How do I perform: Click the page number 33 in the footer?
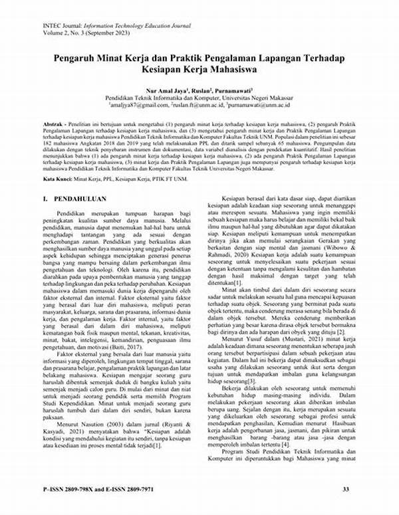coord(345,490)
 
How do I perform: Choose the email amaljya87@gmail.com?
coord(138,104)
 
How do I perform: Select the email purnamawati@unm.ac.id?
coord(259,104)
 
